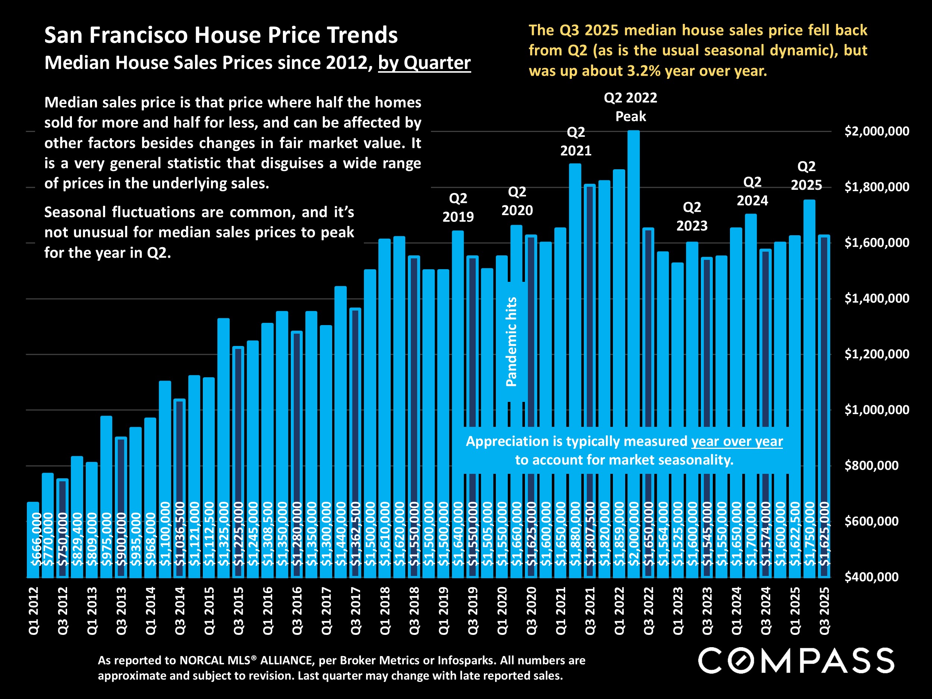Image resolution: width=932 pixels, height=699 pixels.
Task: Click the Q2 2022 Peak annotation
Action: tap(630, 107)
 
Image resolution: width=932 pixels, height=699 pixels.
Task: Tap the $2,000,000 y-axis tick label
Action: tap(877, 131)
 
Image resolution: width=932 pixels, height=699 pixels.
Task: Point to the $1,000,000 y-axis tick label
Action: tap(877, 410)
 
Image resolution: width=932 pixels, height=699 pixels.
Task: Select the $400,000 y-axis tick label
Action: tap(871, 577)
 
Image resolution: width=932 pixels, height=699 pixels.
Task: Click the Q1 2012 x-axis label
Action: tap(33, 611)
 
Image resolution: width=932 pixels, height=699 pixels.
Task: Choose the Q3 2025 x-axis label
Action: tap(824, 611)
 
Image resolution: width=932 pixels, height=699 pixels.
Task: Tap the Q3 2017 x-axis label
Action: tap(356, 611)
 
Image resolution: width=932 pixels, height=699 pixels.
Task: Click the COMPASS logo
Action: tap(796, 660)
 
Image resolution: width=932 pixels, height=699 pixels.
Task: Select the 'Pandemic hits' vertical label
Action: tap(511, 342)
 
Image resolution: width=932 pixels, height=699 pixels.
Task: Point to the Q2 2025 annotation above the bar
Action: tap(806, 176)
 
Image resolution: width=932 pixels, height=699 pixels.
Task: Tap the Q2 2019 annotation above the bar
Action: tap(458, 207)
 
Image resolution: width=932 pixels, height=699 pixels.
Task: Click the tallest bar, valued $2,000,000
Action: tap(633, 354)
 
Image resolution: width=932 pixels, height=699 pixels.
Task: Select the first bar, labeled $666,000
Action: tap(33, 540)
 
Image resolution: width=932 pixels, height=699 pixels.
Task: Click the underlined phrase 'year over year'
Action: tap(737, 441)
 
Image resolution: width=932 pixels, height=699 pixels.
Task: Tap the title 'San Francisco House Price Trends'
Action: tap(221, 35)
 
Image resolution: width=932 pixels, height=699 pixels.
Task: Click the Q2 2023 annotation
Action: tap(692, 217)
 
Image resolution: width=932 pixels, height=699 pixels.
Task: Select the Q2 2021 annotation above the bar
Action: tap(576, 142)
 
